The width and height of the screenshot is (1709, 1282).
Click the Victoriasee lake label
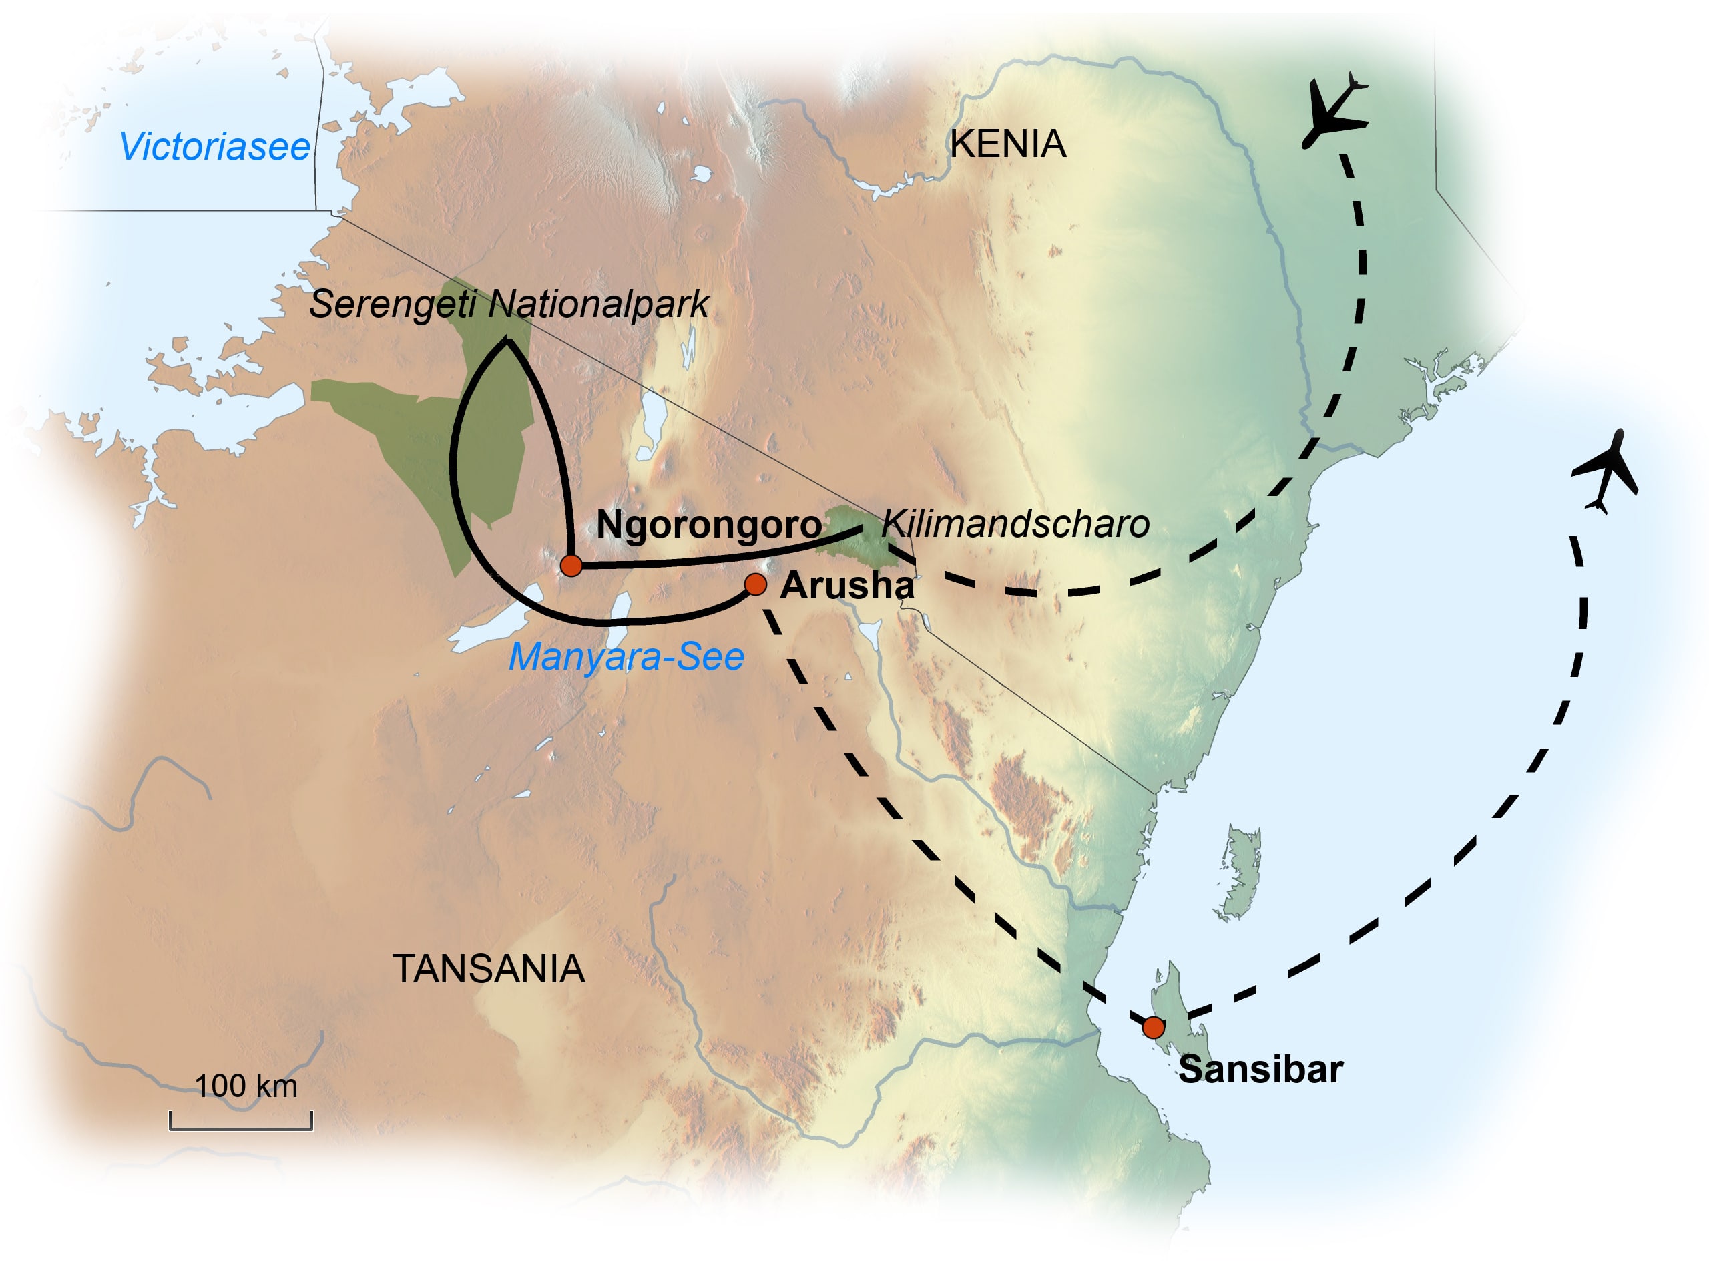pyautogui.click(x=214, y=147)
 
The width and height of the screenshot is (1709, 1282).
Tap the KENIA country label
pyautogui.click(x=1007, y=144)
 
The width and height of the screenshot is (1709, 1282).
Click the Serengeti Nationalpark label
pyautogui.click(x=509, y=304)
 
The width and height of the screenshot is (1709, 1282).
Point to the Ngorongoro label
pyautogui.click(x=708, y=525)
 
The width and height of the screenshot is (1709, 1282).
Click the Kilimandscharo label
pyautogui.click(x=1015, y=524)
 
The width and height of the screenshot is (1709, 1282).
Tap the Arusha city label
pyautogui.click(x=846, y=586)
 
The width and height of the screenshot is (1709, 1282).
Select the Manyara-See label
pyautogui.click(x=626, y=657)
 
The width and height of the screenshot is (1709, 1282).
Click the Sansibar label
pyautogui.click(x=1260, y=1070)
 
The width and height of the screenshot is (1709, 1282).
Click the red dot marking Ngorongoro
pyautogui.click(x=571, y=565)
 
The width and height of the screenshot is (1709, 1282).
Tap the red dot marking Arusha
pyautogui.click(x=756, y=584)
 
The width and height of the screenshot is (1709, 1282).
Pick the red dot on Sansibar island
pyautogui.click(x=1153, y=1027)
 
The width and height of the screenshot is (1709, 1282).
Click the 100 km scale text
pyautogui.click(x=246, y=1086)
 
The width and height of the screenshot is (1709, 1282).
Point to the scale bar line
pyautogui.click(x=241, y=1128)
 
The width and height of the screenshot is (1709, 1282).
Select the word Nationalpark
pyautogui.click(x=598, y=304)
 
